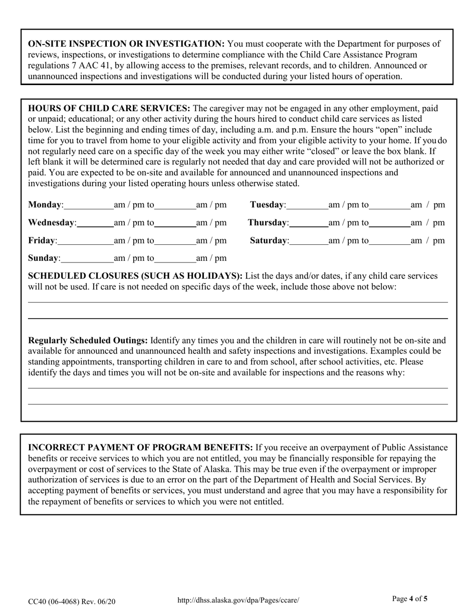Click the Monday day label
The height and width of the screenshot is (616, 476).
tap(45, 205)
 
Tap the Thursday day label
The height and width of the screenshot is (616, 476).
tap(268, 222)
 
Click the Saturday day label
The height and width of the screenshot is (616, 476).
tap(269, 241)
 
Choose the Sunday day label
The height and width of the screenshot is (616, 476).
tap(44, 258)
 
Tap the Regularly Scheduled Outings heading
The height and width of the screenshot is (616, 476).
tap(88, 341)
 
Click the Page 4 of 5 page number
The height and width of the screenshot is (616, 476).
tap(410, 598)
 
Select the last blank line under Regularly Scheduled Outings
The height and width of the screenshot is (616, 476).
tap(237, 404)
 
